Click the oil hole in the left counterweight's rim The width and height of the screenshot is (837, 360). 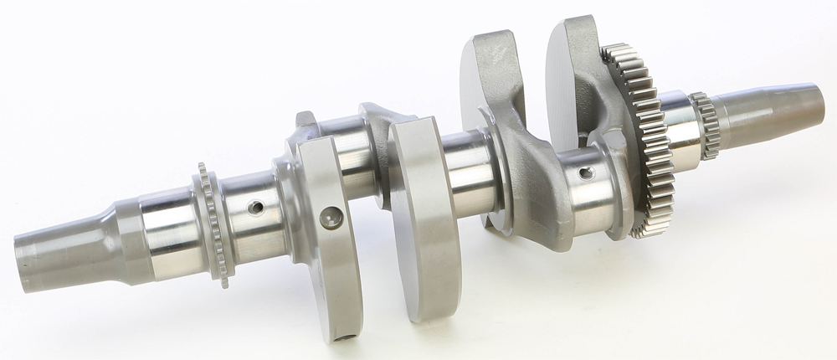(334, 219)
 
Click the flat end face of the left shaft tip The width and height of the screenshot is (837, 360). (20, 255)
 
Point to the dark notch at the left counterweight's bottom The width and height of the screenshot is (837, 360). (342, 339)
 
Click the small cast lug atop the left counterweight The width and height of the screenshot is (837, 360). (305, 121)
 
